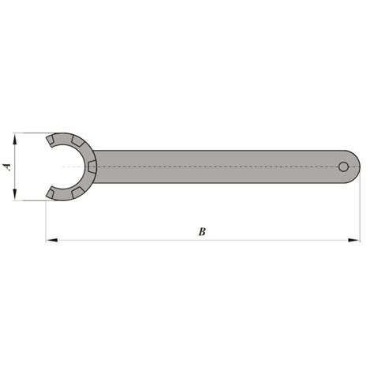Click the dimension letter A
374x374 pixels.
(7, 166)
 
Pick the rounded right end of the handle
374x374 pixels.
(356, 166)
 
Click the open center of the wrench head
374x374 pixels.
(67, 166)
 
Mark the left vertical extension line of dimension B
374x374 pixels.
(45, 221)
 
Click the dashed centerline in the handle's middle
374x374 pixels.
(221, 166)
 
